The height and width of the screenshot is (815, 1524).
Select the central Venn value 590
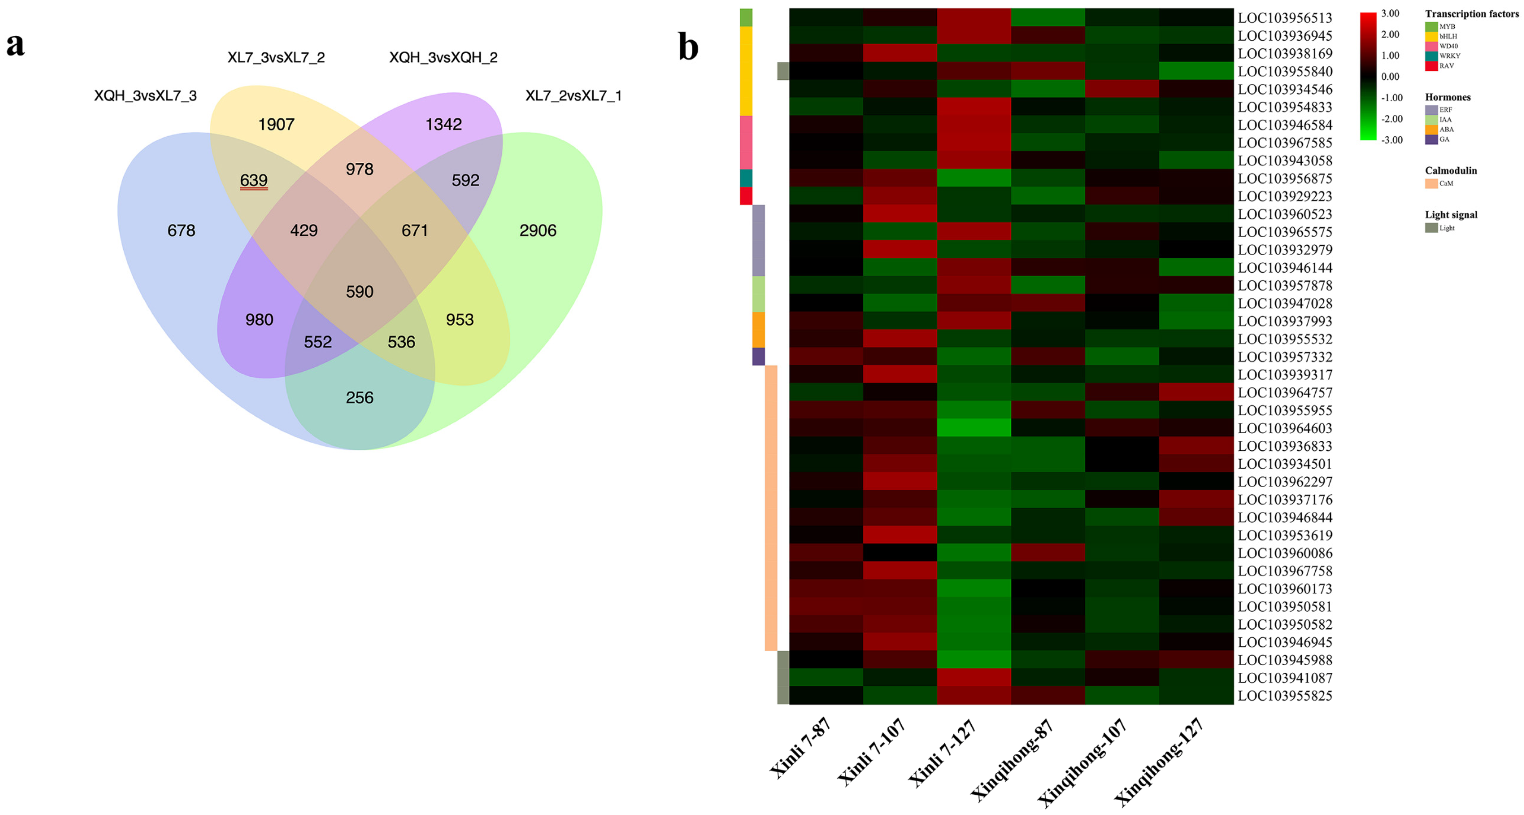pos(359,292)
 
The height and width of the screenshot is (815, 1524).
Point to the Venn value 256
pos(359,398)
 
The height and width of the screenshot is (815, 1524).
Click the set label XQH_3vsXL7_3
pos(145,95)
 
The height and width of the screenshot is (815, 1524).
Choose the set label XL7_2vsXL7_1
pos(573,95)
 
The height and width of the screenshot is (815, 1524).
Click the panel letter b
pos(688,47)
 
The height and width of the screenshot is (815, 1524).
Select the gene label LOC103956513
pos(1284,18)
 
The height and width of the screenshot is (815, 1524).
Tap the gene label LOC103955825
pos(1284,695)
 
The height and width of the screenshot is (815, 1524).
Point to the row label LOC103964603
pos(1284,428)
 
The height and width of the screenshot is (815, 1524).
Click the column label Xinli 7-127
pos(941,752)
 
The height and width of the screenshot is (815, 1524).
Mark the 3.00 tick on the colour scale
pos(1390,14)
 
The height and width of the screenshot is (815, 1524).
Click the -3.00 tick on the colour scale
pos(1391,140)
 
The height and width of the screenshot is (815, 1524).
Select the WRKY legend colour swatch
pos(1431,56)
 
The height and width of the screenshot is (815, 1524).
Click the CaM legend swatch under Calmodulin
pos(1431,183)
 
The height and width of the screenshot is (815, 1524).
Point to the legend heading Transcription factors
pos(1471,14)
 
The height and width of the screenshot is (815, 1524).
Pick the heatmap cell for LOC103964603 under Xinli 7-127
pos(974,427)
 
